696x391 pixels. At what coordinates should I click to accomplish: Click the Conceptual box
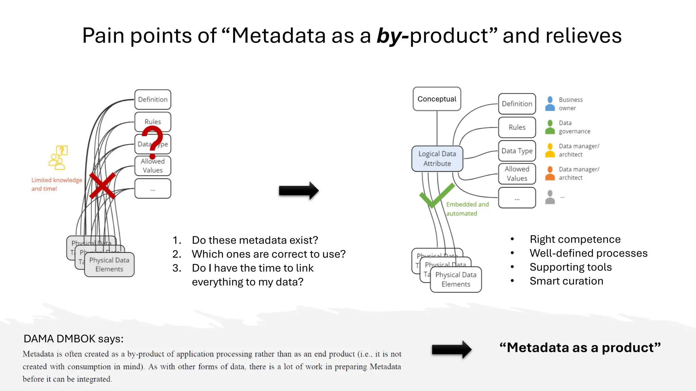click(x=437, y=99)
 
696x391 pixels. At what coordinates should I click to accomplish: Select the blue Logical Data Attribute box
click(x=437, y=159)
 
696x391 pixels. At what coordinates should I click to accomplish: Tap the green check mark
click(x=436, y=196)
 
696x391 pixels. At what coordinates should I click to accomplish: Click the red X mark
click(x=102, y=186)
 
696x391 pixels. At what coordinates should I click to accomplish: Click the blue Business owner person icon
click(x=550, y=104)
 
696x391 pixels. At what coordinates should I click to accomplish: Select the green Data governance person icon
click(x=550, y=127)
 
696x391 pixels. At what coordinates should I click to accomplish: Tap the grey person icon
click(x=550, y=197)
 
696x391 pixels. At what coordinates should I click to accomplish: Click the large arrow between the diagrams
click(x=298, y=190)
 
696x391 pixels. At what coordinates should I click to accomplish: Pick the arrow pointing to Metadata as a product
click(x=451, y=349)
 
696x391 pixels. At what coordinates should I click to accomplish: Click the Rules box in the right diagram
click(x=517, y=127)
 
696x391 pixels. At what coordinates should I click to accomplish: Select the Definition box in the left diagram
click(x=153, y=99)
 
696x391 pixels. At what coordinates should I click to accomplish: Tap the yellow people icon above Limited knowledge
click(x=58, y=158)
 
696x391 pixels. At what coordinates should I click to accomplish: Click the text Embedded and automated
click(x=467, y=209)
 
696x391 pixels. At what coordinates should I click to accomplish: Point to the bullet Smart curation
click(x=566, y=281)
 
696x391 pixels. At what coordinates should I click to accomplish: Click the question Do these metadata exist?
click(x=255, y=240)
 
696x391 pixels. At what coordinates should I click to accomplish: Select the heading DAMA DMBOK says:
click(x=73, y=339)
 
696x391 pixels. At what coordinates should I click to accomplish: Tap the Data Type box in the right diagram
click(x=517, y=151)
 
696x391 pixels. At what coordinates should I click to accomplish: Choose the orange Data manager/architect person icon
click(x=550, y=173)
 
